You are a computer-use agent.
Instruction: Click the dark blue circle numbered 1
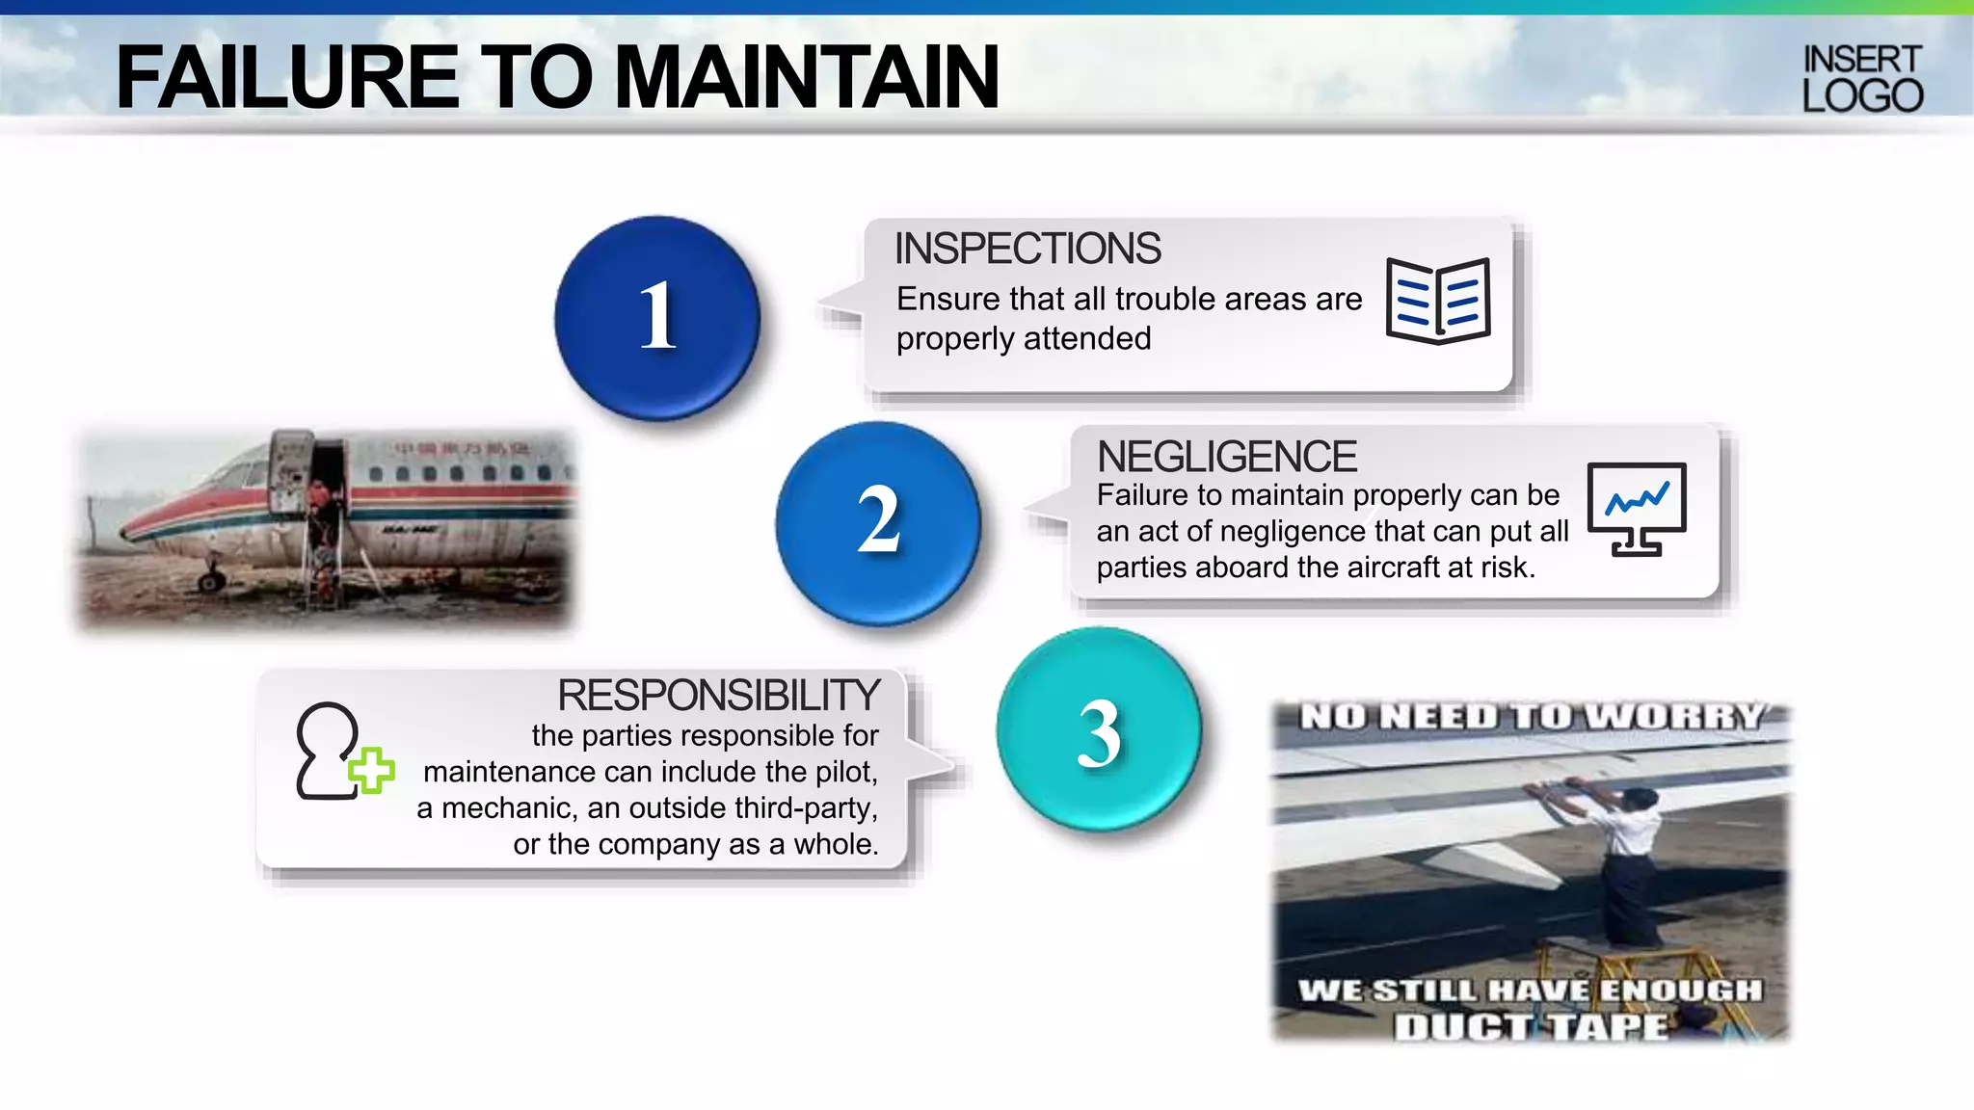657,317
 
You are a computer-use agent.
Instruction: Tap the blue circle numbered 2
878,522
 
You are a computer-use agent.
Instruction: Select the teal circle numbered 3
1099,729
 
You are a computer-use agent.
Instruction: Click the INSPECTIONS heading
1027,249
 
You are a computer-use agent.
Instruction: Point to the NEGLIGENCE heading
1227,457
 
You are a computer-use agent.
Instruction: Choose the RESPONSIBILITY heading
718,695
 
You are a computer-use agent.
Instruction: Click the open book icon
1438,301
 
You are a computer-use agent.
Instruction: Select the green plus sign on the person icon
371,771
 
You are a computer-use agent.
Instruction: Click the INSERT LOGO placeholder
1862,79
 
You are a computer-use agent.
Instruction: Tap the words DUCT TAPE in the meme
1531,1027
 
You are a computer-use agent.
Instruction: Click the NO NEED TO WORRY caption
1531,717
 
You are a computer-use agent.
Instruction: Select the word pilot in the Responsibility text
845,772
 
